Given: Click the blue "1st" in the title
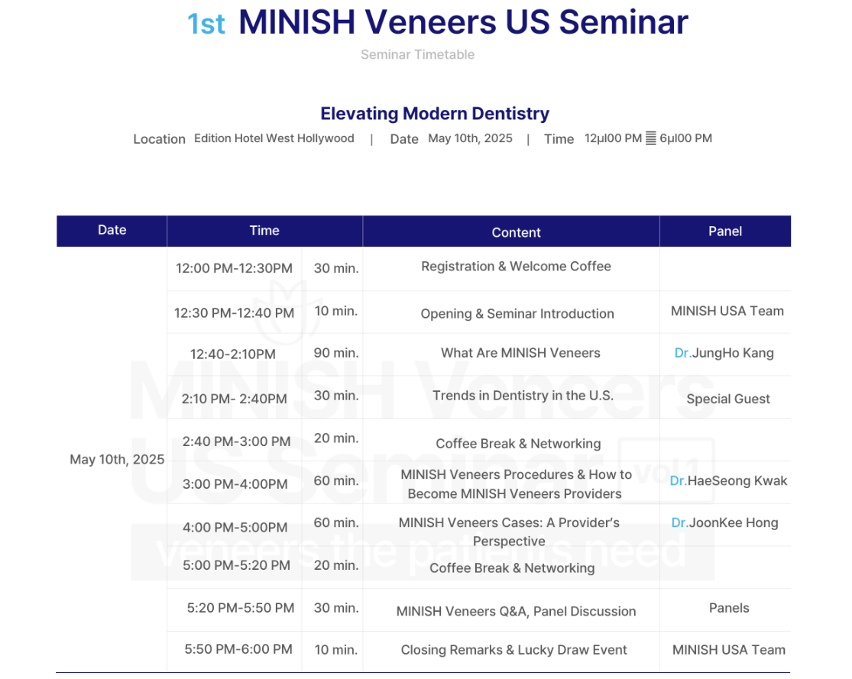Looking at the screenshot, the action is (x=206, y=24).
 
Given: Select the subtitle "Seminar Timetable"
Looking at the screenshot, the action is (x=417, y=54).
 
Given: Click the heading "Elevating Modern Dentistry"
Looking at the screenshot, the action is (x=435, y=114).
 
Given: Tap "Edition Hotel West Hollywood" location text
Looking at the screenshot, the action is (x=274, y=138).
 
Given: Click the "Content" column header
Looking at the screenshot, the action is (x=517, y=232).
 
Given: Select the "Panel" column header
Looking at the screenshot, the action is (x=725, y=231).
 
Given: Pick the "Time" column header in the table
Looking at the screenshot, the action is (x=264, y=231).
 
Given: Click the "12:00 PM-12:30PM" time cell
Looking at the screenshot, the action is (x=234, y=268).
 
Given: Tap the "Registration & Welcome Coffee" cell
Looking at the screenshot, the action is (x=517, y=266).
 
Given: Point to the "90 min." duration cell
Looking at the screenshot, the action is (x=335, y=353).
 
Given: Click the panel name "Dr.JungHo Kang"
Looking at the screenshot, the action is (x=724, y=353).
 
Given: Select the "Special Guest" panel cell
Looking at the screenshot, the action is (x=728, y=399).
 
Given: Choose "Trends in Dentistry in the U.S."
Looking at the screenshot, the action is (x=523, y=396).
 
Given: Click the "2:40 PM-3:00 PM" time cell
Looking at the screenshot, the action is (x=236, y=441).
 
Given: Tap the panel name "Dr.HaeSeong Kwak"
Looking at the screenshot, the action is (x=728, y=480).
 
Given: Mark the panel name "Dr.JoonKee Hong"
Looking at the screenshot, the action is (x=725, y=522).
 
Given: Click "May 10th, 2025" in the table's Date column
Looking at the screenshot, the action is (x=117, y=460).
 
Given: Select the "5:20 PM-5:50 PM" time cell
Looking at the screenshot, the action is (x=241, y=608).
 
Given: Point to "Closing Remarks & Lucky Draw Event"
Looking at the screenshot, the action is (x=514, y=650).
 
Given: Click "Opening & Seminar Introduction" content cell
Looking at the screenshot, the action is (x=517, y=314).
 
